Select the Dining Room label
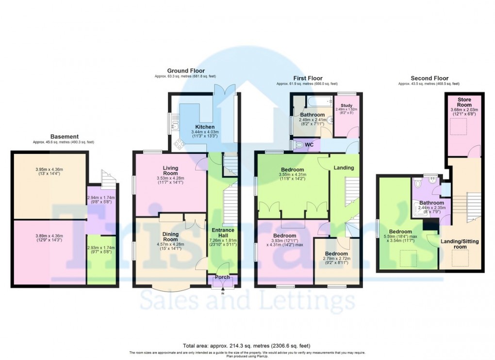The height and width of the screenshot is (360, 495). coord(170,237)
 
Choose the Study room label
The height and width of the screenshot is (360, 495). coord(346,105)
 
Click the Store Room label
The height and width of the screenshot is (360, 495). coord(464,102)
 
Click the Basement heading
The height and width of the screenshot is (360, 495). coord(65,137)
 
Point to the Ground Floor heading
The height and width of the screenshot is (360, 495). coord(186,71)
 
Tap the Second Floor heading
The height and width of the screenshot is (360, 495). coord(429,78)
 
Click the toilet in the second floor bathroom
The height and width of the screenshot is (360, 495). coord(419,184)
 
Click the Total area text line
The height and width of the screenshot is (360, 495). coord(247,345)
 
